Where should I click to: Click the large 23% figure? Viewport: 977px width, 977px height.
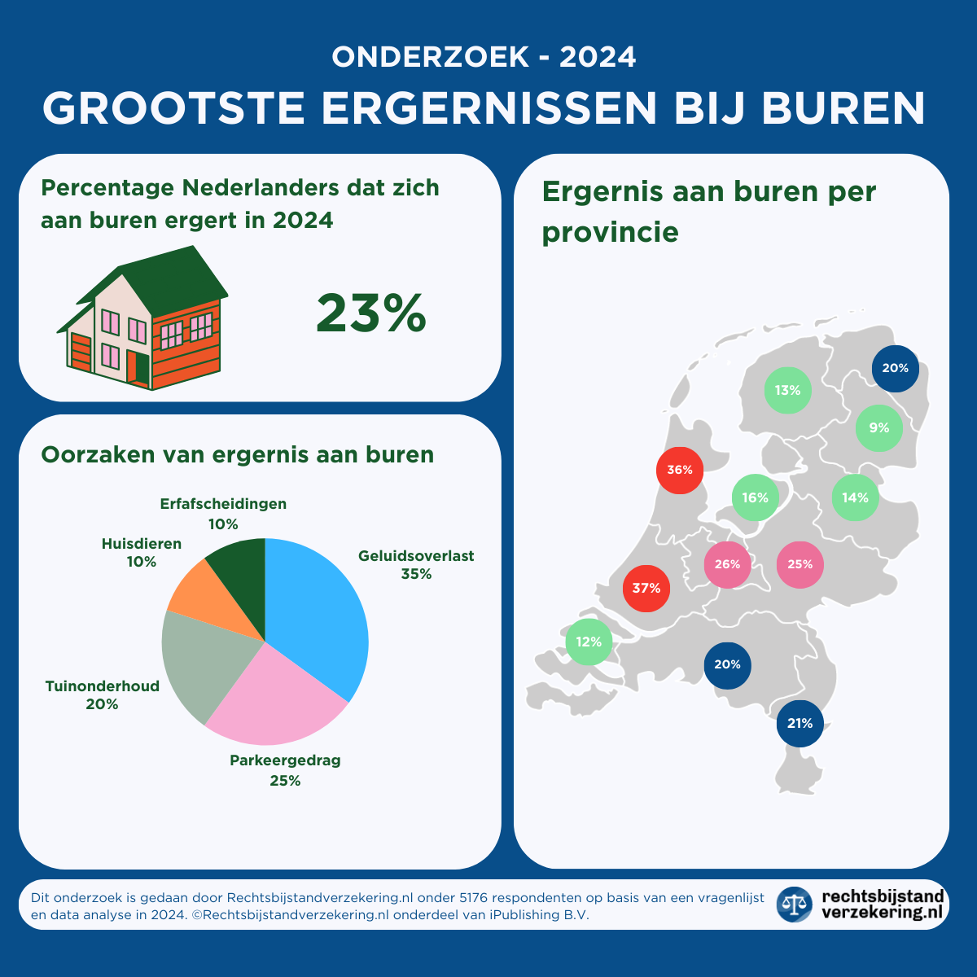click(370, 313)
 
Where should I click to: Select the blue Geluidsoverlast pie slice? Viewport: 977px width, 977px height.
click(322, 611)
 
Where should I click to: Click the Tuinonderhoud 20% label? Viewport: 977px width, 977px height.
click(102, 695)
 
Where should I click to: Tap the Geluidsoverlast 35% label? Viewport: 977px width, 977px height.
click(416, 565)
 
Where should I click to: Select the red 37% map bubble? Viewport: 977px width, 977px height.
click(646, 588)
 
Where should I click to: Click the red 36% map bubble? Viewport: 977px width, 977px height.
click(680, 470)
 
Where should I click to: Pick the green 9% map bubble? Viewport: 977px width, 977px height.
click(879, 427)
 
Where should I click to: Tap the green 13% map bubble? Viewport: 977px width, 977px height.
click(788, 390)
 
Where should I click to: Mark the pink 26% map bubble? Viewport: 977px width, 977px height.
click(727, 564)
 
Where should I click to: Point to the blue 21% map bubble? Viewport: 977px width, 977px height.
click(800, 723)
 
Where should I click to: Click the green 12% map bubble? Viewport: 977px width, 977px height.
click(589, 642)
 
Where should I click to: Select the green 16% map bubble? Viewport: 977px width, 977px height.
click(756, 497)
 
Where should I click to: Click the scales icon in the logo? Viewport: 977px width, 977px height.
click(794, 904)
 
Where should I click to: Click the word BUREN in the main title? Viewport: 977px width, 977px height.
click(844, 108)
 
